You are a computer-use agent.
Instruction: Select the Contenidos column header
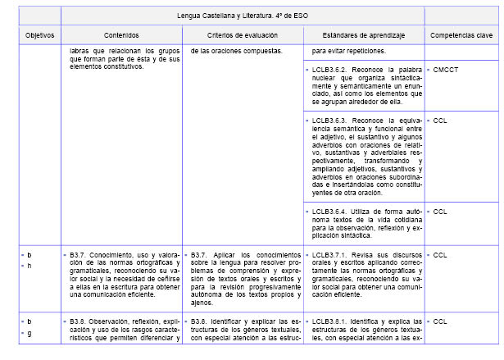click(x=121, y=36)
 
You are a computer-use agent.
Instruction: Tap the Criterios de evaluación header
click(x=242, y=36)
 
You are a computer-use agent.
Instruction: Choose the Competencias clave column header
click(x=461, y=36)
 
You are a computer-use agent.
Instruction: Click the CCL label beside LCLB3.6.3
click(x=440, y=120)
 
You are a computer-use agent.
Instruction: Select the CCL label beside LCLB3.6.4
click(x=440, y=211)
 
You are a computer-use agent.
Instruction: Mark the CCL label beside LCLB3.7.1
click(x=440, y=255)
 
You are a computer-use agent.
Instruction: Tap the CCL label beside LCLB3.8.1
click(x=440, y=321)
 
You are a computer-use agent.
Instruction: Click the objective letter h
click(x=30, y=265)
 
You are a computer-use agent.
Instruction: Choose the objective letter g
click(x=30, y=334)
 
